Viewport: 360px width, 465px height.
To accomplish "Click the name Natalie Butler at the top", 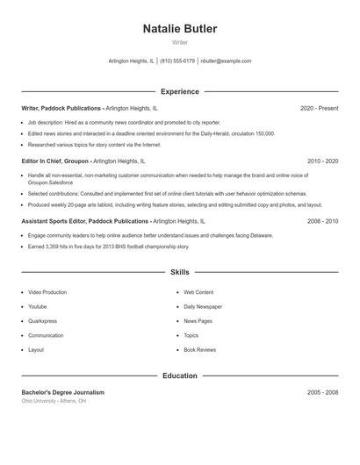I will point(180,29).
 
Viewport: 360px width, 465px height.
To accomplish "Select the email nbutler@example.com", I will point(226,61).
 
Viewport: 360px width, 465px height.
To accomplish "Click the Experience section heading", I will point(180,91).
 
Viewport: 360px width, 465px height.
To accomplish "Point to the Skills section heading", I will point(180,273).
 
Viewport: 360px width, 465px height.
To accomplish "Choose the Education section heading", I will point(180,376).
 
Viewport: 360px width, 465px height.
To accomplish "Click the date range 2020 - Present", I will point(319,108).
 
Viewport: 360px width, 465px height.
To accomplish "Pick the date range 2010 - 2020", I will point(322,161).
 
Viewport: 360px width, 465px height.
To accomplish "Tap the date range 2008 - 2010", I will point(322,222).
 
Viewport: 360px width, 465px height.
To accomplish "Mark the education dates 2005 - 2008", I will point(322,392).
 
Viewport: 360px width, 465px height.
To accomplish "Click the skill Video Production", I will point(47,292).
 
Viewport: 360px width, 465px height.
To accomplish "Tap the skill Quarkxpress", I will point(43,321).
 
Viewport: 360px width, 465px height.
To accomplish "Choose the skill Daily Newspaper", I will point(203,307).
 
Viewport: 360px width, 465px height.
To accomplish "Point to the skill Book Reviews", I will point(199,350).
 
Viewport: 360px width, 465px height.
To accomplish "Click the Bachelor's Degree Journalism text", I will point(62,392).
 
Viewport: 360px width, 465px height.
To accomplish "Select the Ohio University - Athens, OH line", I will point(54,401).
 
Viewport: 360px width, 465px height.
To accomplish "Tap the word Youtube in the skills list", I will point(38,307).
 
